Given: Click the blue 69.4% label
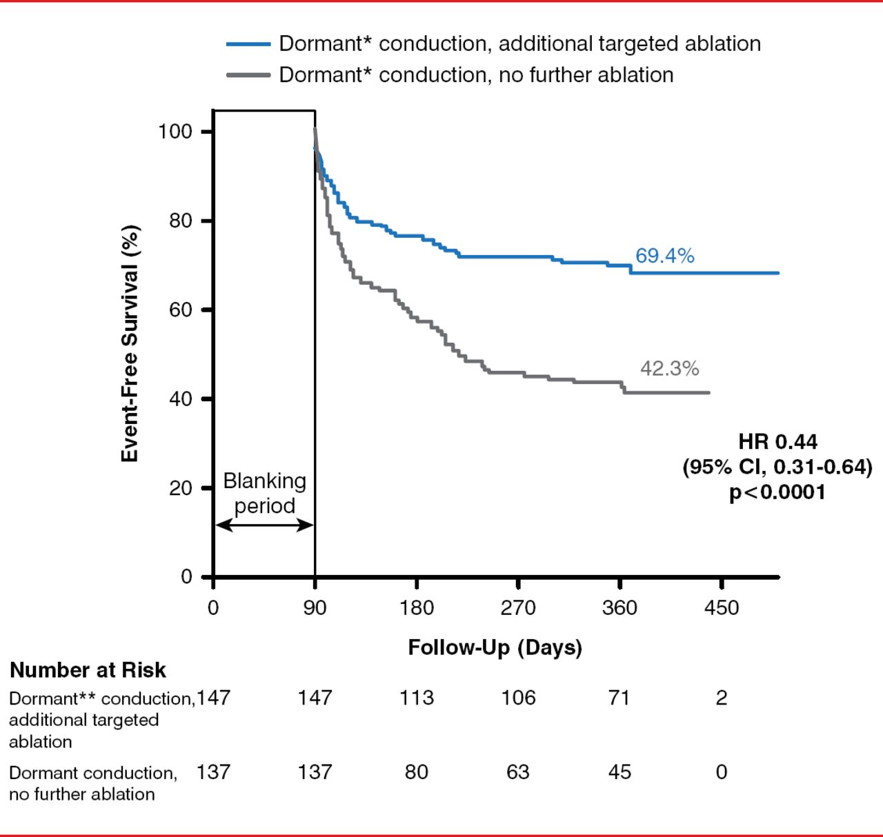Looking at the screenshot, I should [x=664, y=256].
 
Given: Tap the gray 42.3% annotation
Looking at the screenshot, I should [x=669, y=369].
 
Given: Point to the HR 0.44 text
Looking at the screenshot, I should [x=777, y=442].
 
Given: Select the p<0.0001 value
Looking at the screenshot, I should [x=777, y=492].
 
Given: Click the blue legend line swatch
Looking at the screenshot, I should [x=248, y=44].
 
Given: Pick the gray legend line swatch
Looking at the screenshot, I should [x=248, y=74].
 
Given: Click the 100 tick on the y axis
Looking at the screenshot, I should [x=175, y=131].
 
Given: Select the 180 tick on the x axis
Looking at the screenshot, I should [x=417, y=608].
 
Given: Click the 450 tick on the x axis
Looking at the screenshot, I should [x=722, y=608].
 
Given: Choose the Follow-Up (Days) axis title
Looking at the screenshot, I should [x=495, y=648].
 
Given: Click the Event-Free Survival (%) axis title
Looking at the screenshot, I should [x=130, y=343].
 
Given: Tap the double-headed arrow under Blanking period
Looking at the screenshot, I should [x=264, y=525].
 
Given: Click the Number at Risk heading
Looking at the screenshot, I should [x=88, y=670].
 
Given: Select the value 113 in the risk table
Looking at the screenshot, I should [x=417, y=698].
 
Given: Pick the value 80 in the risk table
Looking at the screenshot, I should [x=417, y=772].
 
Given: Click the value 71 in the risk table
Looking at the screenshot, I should [x=619, y=698].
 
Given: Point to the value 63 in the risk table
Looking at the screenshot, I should [x=518, y=772].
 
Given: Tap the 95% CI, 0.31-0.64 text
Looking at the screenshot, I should [x=777, y=467].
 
